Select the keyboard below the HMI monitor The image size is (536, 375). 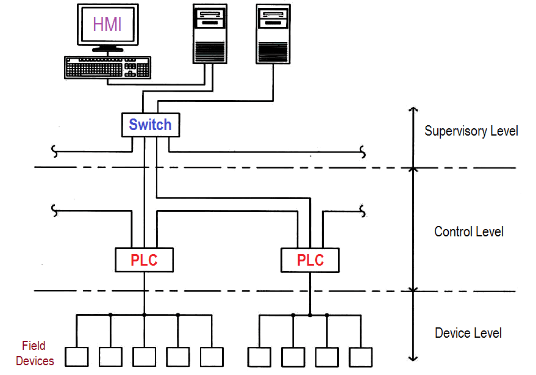107,67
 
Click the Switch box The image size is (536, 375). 150,125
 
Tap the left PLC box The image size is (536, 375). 145,260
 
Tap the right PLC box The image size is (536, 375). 310,260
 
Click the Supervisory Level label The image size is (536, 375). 471,131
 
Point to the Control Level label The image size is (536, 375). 468,232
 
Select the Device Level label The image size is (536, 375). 468,333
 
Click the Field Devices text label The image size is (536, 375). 35,353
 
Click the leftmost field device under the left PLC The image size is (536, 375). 77,356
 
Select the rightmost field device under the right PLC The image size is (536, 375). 360,356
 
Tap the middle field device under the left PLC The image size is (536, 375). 145,356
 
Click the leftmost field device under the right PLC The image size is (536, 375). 259,356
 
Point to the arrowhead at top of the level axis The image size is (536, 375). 413,111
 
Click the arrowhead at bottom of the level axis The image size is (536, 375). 413,357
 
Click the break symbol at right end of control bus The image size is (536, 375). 363,211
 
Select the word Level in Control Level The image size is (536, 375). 489,232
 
